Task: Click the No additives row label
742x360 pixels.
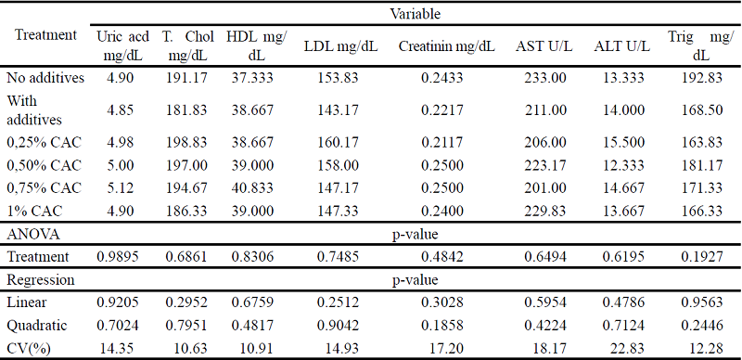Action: click(45, 78)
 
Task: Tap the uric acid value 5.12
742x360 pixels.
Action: click(119, 187)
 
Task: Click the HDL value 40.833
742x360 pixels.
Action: click(255, 187)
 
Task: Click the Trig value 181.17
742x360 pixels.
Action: click(700, 165)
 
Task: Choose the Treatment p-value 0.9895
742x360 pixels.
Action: click(119, 256)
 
